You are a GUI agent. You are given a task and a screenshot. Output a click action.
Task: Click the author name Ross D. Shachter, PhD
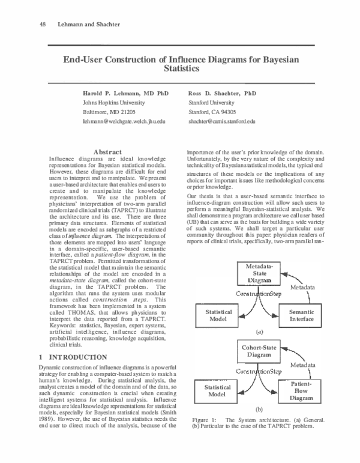pos(222,94)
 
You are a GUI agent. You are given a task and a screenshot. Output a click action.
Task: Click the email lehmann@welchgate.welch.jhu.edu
pos(123,121)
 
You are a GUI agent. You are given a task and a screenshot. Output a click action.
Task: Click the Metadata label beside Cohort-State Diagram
pos(302,365)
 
